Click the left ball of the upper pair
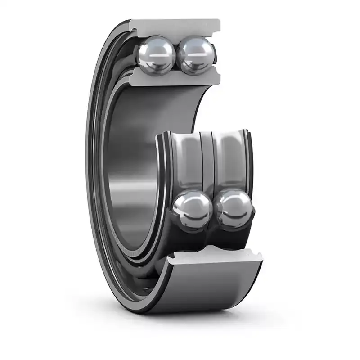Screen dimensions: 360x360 pyautogui.click(x=157, y=55)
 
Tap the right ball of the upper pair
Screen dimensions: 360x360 pyautogui.click(x=196, y=55)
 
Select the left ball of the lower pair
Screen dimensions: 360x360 pyautogui.click(x=193, y=209)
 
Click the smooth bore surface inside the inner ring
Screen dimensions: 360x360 pyautogui.click(x=130, y=171)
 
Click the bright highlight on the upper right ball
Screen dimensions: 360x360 pyautogui.click(x=193, y=47)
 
